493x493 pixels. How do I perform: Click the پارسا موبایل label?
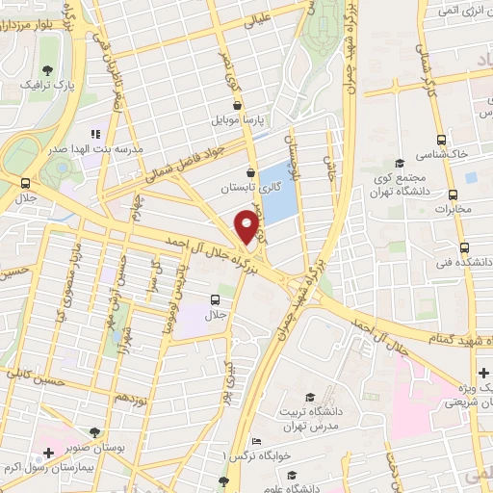click(246, 122)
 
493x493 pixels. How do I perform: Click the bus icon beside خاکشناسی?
click(440, 138)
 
